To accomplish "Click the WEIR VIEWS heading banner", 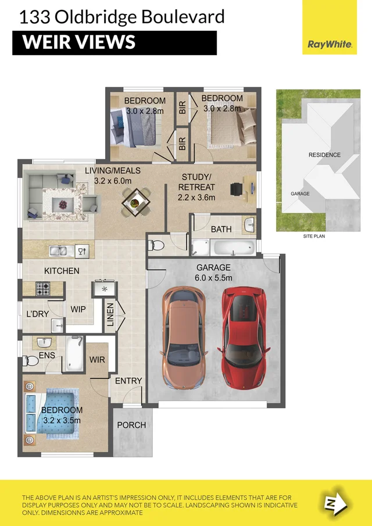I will tap(115, 42).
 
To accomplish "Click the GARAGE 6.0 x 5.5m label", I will tap(213, 273).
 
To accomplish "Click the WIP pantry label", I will tap(78, 310).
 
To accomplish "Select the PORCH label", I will tap(131, 425).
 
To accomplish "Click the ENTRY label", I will tap(128, 381).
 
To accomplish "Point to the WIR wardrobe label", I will tap(97, 360).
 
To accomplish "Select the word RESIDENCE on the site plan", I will tap(324, 155).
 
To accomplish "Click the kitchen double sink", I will tap(60, 251).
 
